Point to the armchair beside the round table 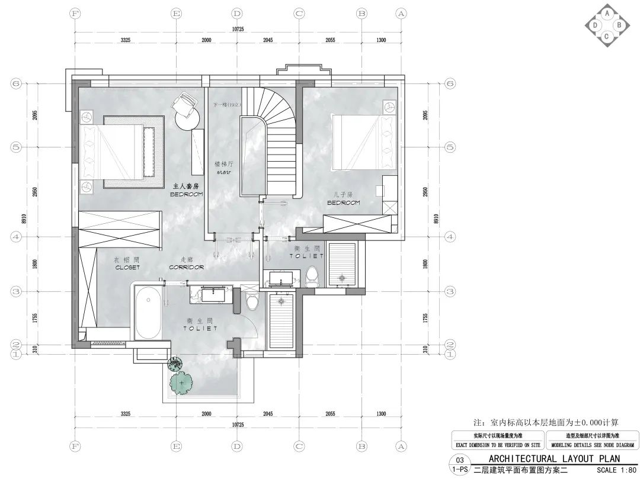[184, 104]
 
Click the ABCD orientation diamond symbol [606, 25]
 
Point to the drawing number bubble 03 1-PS [459, 465]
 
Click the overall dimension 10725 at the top [238, 28]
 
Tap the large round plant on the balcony [182, 383]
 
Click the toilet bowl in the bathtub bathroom [252, 301]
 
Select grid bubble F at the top [75, 13]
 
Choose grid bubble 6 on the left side [16, 83]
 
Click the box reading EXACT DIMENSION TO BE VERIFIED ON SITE [498, 444]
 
